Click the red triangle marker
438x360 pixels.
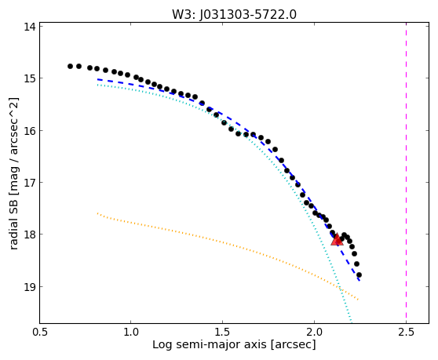click(x=337, y=240)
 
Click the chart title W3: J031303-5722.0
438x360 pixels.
click(x=234, y=14)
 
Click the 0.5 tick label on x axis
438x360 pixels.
click(x=39, y=333)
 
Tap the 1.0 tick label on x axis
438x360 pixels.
click(x=131, y=333)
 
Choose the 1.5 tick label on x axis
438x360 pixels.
click(x=222, y=333)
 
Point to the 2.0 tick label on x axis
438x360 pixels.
click(x=314, y=333)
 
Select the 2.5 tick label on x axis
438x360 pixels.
click(x=406, y=333)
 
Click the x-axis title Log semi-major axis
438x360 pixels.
click(x=210, y=344)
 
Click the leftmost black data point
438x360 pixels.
click(x=70, y=66)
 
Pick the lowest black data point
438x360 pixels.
click(x=359, y=275)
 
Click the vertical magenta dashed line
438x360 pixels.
click(x=406, y=173)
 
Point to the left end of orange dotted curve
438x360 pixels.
click(x=97, y=213)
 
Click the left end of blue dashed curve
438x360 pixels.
click(x=97, y=79)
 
